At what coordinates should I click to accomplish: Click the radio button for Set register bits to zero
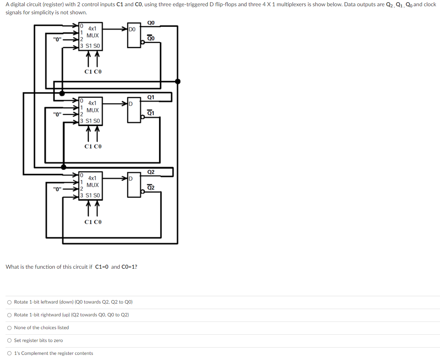pos(9,341)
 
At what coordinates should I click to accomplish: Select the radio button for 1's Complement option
pos(9,353)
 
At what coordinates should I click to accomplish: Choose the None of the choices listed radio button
pos(9,328)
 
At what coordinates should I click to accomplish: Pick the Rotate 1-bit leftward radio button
pos(9,302)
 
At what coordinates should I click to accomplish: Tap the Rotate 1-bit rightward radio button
pos(9,315)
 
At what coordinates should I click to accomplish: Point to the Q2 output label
pos(151,172)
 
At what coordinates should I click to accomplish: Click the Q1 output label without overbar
pos(151,97)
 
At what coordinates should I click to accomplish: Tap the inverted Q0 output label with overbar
pos(151,38)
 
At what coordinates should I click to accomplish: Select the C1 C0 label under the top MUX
pos(93,72)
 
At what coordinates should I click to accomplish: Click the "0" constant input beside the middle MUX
pos(57,114)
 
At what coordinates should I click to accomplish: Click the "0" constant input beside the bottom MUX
pos(57,189)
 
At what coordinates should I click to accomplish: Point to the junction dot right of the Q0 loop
pos(178,81)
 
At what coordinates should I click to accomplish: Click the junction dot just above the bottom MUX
pos(63,167)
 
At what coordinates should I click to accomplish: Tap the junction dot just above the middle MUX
pos(62,93)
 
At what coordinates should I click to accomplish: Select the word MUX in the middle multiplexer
pos(93,110)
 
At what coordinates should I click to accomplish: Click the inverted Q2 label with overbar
pos(151,188)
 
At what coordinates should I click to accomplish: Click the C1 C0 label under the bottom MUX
pos(93,222)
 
